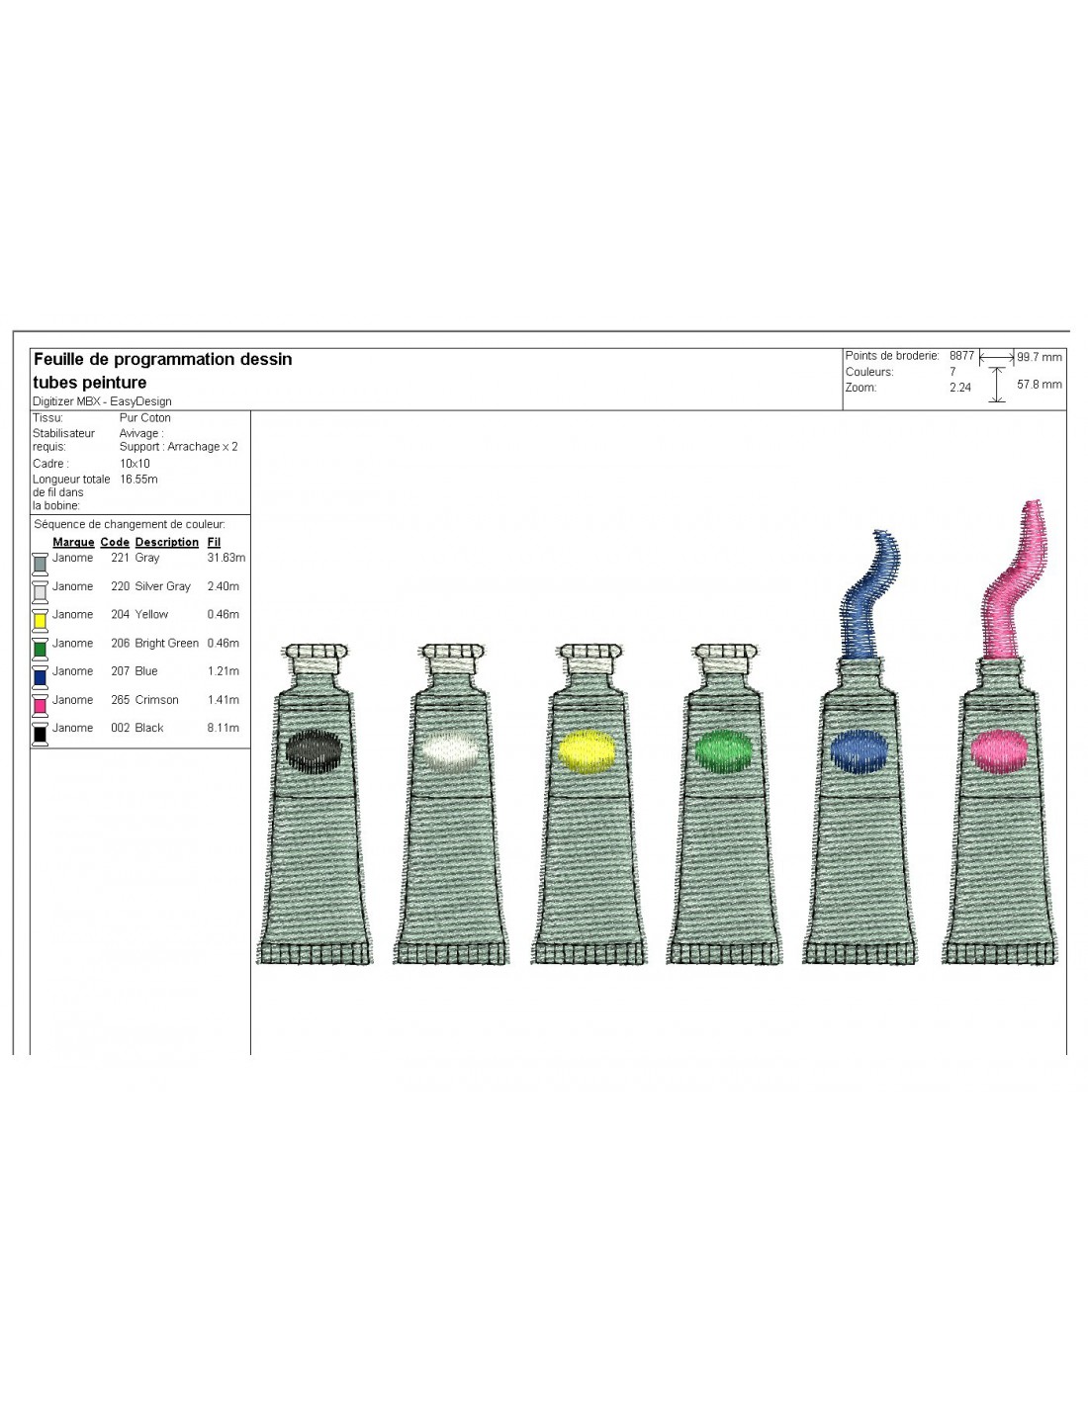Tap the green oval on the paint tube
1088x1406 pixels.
point(723,751)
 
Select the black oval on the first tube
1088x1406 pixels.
point(314,751)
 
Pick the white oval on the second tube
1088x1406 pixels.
point(450,751)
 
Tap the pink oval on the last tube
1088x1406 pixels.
point(999,751)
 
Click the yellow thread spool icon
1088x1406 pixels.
point(41,620)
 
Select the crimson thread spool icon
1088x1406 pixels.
point(41,705)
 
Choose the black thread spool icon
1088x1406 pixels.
point(41,734)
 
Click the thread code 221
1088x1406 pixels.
point(120,557)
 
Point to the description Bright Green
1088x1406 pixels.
point(166,643)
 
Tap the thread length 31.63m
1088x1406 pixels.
point(226,557)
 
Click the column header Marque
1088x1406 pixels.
point(73,542)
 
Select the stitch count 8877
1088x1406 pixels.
point(961,355)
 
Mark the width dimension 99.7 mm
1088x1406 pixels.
point(1039,357)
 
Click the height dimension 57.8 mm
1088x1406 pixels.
point(1039,385)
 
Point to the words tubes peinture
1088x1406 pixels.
point(90,382)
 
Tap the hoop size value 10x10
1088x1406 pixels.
point(135,464)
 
